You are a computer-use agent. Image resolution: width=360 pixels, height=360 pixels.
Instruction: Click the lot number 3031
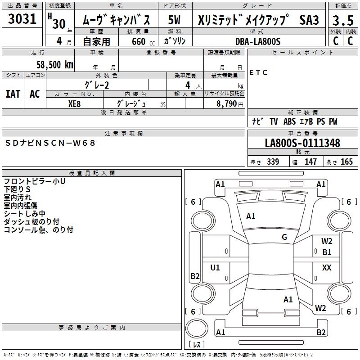22,20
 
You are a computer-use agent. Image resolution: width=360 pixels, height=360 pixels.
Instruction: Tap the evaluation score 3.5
342,20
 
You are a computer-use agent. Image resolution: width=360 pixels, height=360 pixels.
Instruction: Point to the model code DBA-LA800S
257,41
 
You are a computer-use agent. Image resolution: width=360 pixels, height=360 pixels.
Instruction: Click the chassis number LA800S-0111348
302,143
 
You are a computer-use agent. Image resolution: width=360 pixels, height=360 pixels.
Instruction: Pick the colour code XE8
74,103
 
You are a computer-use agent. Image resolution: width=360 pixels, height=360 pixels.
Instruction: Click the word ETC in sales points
258,72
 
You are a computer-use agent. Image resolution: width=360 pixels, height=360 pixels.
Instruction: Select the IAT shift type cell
13,94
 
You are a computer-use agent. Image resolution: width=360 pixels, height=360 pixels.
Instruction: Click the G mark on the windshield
284,237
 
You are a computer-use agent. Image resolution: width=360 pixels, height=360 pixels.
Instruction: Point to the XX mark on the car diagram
327,268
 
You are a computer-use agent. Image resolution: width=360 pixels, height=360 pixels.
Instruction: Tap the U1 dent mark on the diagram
215,268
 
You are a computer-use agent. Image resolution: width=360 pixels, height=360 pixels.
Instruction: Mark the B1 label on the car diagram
327,252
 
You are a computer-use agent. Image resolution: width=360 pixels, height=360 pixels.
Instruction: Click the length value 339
273,162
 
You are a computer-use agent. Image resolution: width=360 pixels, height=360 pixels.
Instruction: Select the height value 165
346,162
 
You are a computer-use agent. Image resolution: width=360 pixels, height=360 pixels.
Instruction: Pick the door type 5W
175,20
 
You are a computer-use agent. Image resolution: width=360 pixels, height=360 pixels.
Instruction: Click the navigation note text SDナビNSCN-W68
50,143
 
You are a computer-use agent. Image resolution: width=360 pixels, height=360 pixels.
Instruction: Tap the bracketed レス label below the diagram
197,345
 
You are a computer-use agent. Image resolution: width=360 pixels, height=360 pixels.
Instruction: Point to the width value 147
310,162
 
